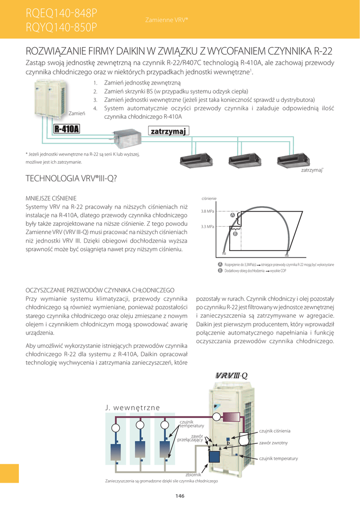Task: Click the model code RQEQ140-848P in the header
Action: (61, 12)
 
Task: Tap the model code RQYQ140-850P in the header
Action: (61, 28)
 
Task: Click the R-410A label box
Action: (67, 130)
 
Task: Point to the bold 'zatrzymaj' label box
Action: (168, 131)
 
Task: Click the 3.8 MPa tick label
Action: (207, 211)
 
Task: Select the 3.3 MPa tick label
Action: (207, 227)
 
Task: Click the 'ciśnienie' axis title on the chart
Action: (209, 199)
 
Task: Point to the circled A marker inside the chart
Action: (232, 215)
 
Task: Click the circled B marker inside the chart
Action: (235, 233)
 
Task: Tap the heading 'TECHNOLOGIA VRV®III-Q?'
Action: (71, 178)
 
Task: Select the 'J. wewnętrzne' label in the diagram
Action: (133, 408)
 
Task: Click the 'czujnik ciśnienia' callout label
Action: (274, 430)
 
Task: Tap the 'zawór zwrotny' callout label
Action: (273, 443)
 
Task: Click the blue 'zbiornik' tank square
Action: (215, 455)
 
